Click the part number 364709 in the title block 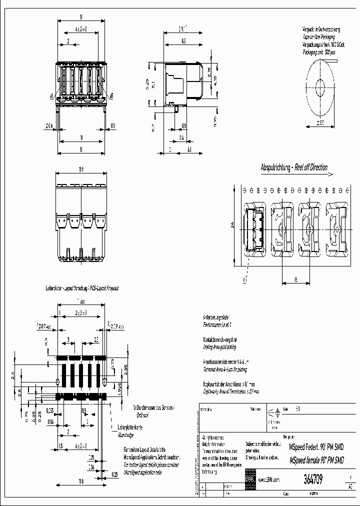(313, 480)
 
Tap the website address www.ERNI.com (269, 479)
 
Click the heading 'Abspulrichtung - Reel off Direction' (293, 167)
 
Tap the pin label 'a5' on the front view (111, 95)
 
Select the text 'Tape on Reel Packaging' (318, 37)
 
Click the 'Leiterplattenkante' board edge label (130, 427)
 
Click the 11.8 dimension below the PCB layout (80, 481)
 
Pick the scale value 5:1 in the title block (298, 408)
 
